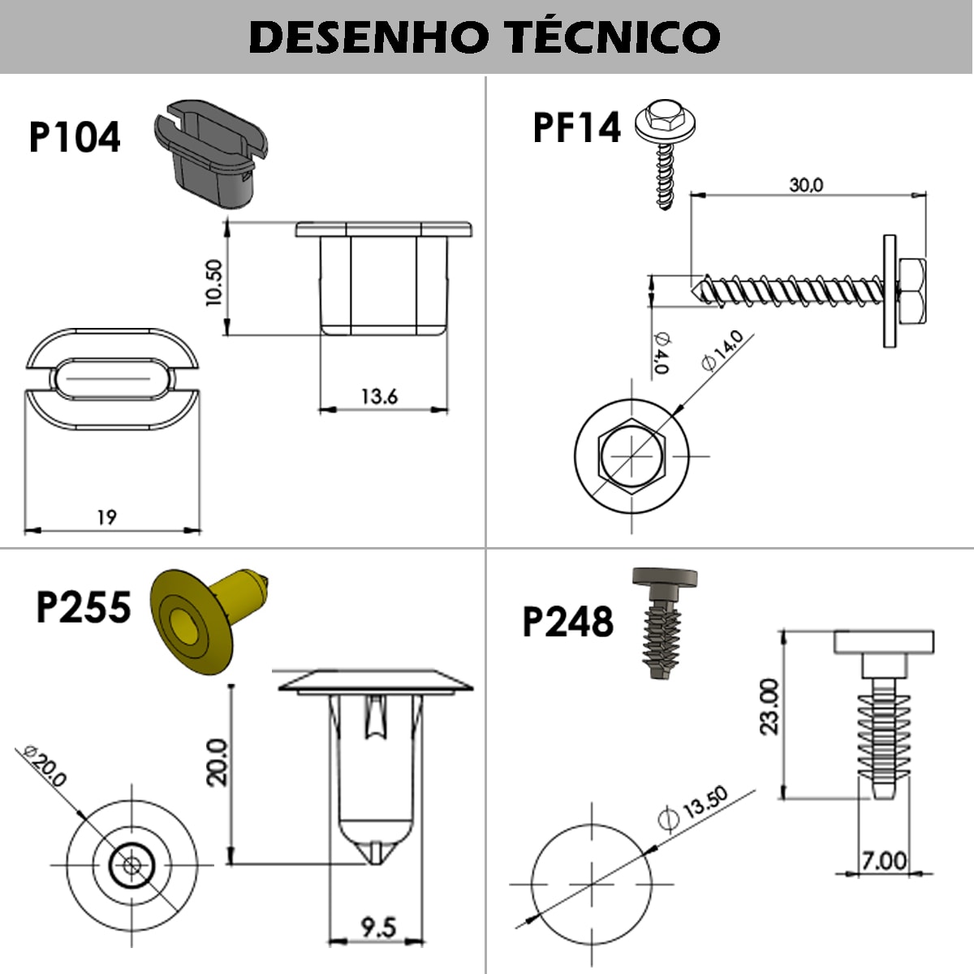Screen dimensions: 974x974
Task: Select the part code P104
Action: (75, 137)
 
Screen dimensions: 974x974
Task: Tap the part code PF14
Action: (576, 127)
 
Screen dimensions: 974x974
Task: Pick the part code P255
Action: (83, 607)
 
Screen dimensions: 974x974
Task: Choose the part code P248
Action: (567, 622)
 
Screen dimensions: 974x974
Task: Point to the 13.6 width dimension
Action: (379, 396)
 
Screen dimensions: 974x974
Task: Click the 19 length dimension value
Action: (106, 517)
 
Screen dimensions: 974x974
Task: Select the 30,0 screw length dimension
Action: (805, 185)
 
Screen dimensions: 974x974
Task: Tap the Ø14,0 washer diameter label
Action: (722, 350)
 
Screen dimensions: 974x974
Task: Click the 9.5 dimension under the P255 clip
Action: (377, 926)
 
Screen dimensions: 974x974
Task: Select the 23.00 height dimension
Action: (769, 706)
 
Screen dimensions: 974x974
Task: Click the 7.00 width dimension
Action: (884, 860)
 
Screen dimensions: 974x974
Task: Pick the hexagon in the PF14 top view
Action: (631, 455)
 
